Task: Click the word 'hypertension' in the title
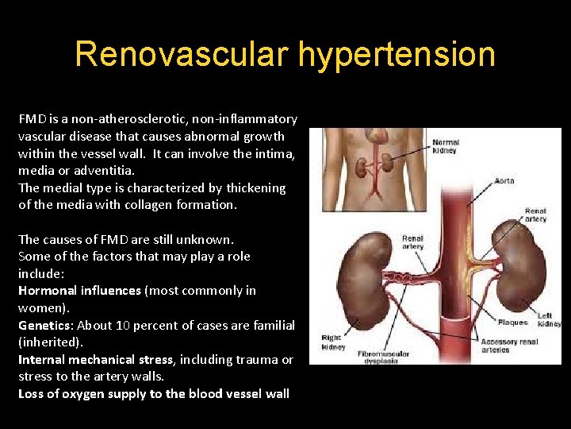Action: [x=397, y=55]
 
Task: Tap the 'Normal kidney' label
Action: [x=445, y=147]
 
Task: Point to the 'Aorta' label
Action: [x=504, y=181]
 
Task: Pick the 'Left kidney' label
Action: [x=548, y=319]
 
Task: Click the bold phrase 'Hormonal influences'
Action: [x=79, y=291]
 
